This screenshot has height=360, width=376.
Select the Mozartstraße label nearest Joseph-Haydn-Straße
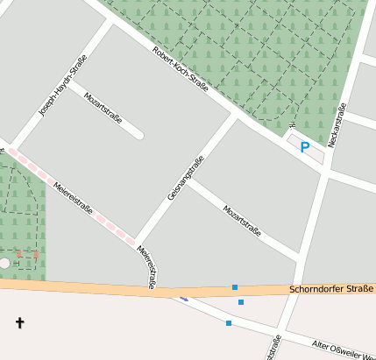[x=103, y=107]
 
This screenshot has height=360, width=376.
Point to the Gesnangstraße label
[x=186, y=178]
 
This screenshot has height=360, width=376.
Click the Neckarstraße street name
[x=337, y=124]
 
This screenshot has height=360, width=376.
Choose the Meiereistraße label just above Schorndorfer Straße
[x=146, y=267]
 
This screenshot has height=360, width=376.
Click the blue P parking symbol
[x=305, y=147]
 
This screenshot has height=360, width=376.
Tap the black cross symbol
[x=20, y=323]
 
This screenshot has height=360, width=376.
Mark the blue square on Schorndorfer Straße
[x=235, y=287]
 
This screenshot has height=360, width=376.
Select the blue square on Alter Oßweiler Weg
[x=229, y=323]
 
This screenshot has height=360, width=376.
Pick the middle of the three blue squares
[x=241, y=302]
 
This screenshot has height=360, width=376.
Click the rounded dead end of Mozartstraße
[x=138, y=135]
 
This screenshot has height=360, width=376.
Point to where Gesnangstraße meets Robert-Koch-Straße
[x=238, y=114]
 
